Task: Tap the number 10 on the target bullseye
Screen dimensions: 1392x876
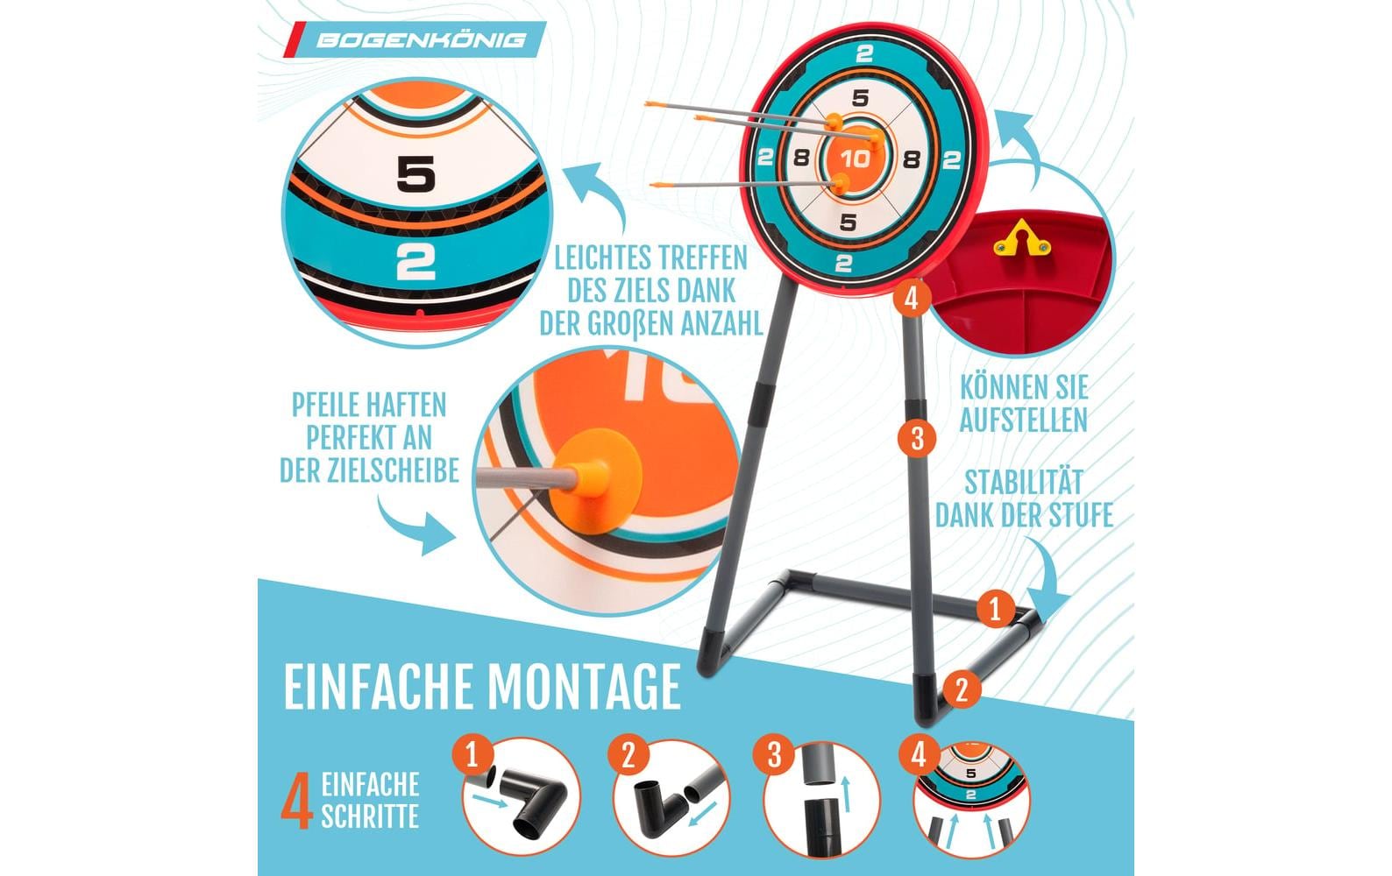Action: click(x=855, y=159)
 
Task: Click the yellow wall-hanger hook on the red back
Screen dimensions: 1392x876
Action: click(x=1022, y=239)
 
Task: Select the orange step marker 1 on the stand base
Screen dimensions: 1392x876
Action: click(x=995, y=609)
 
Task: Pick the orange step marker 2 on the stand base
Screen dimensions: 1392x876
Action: click(x=962, y=689)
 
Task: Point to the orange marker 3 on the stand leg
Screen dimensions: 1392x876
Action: click(x=917, y=438)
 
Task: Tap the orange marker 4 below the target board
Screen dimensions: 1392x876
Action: click(x=912, y=299)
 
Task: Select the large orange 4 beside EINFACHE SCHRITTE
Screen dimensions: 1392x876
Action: click(x=297, y=802)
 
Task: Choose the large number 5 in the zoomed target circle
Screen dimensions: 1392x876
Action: click(x=415, y=173)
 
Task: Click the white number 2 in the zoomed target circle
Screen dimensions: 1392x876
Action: click(x=415, y=261)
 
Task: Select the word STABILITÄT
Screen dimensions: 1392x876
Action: click(x=1024, y=483)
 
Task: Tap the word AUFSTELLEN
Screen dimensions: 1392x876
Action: click(x=1024, y=420)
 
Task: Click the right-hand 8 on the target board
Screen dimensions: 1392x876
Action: click(x=911, y=159)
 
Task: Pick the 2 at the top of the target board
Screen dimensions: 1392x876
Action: click(x=864, y=54)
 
